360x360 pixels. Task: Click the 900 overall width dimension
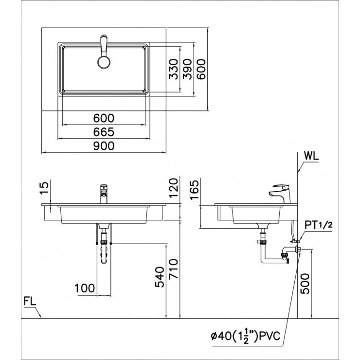pos(104,146)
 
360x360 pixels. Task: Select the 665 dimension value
pos(104,132)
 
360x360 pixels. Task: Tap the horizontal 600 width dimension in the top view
pos(104,118)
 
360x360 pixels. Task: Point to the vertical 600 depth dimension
pos(201,69)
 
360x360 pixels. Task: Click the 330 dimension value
pos(174,69)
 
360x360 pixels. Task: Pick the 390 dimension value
pos(187,69)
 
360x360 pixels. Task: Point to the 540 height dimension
pos(160,276)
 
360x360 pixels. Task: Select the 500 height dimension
pos(305,283)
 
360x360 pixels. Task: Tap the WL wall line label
pos(311,156)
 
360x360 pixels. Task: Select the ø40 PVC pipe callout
pos(245,336)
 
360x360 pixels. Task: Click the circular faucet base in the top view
pos(104,62)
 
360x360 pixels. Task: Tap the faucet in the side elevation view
pos(281,193)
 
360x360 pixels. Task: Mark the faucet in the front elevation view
pos(103,194)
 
